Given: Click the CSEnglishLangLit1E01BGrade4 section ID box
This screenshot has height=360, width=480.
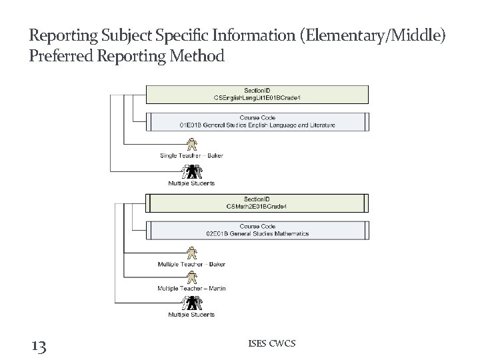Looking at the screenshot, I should click(x=257, y=95).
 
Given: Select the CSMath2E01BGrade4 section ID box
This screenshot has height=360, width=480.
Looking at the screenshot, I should click(x=257, y=203).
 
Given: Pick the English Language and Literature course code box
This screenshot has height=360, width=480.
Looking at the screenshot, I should click(x=257, y=121).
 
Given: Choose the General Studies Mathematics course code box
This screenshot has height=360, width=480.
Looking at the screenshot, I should click(x=257, y=230).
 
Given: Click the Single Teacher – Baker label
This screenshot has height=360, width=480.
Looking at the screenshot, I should click(x=191, y=156).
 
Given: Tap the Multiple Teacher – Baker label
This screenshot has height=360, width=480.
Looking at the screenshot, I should click(x=191, y=264).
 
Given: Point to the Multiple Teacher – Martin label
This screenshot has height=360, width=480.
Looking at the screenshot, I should click(x=191, y=288).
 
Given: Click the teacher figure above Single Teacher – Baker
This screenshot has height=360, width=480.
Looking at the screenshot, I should click(x=192, y=144).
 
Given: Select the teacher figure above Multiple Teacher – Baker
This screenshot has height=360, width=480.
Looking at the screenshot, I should click(x=192, y=253).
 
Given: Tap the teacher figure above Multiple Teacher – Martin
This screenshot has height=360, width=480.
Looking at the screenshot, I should click(x=192, y=277).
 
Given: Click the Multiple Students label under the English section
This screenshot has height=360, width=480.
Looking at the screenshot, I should click(x=191, y=183).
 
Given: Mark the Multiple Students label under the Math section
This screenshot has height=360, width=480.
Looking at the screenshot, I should click(x=191, y=314).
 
